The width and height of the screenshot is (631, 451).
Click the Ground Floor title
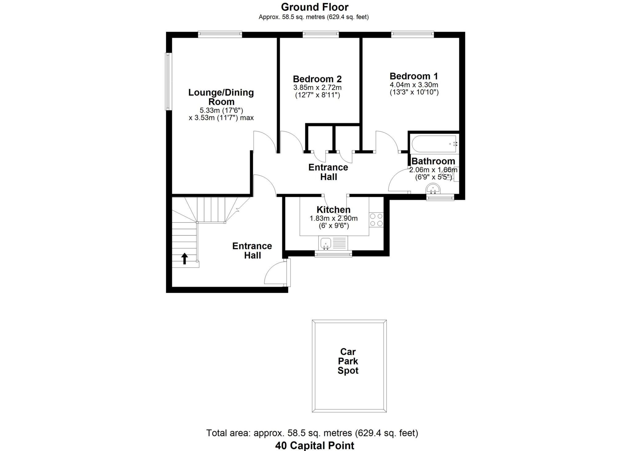point(315,7)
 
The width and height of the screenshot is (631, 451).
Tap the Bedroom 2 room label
point(317,79)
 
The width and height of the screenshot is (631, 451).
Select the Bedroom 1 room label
point(413,76)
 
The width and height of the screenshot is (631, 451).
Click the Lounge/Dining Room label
point(221,97)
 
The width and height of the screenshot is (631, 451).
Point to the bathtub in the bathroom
point(434,144)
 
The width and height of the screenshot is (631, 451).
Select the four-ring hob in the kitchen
point(376,220)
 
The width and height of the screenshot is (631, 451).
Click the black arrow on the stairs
point(184,259)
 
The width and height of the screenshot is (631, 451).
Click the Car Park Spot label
point(348,361)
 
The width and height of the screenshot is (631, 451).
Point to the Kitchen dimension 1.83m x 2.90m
point(333,219)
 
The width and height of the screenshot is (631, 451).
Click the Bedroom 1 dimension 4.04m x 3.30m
point(413,85)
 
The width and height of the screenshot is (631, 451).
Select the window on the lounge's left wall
point(168,82)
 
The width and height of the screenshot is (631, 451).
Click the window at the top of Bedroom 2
point(320,34)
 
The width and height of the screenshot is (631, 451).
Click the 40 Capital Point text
point(314,445)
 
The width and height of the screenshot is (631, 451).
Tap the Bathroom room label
point(433,161)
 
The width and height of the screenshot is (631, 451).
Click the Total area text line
point(312,433)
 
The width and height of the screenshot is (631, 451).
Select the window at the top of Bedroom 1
point(412,34)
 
